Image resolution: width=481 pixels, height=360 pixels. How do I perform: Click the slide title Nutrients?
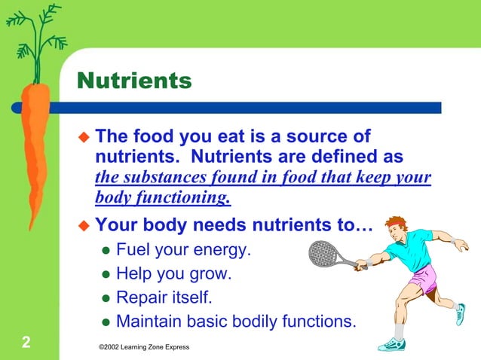(x=134, y=80)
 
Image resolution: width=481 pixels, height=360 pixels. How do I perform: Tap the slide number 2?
(x=26, y=343)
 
